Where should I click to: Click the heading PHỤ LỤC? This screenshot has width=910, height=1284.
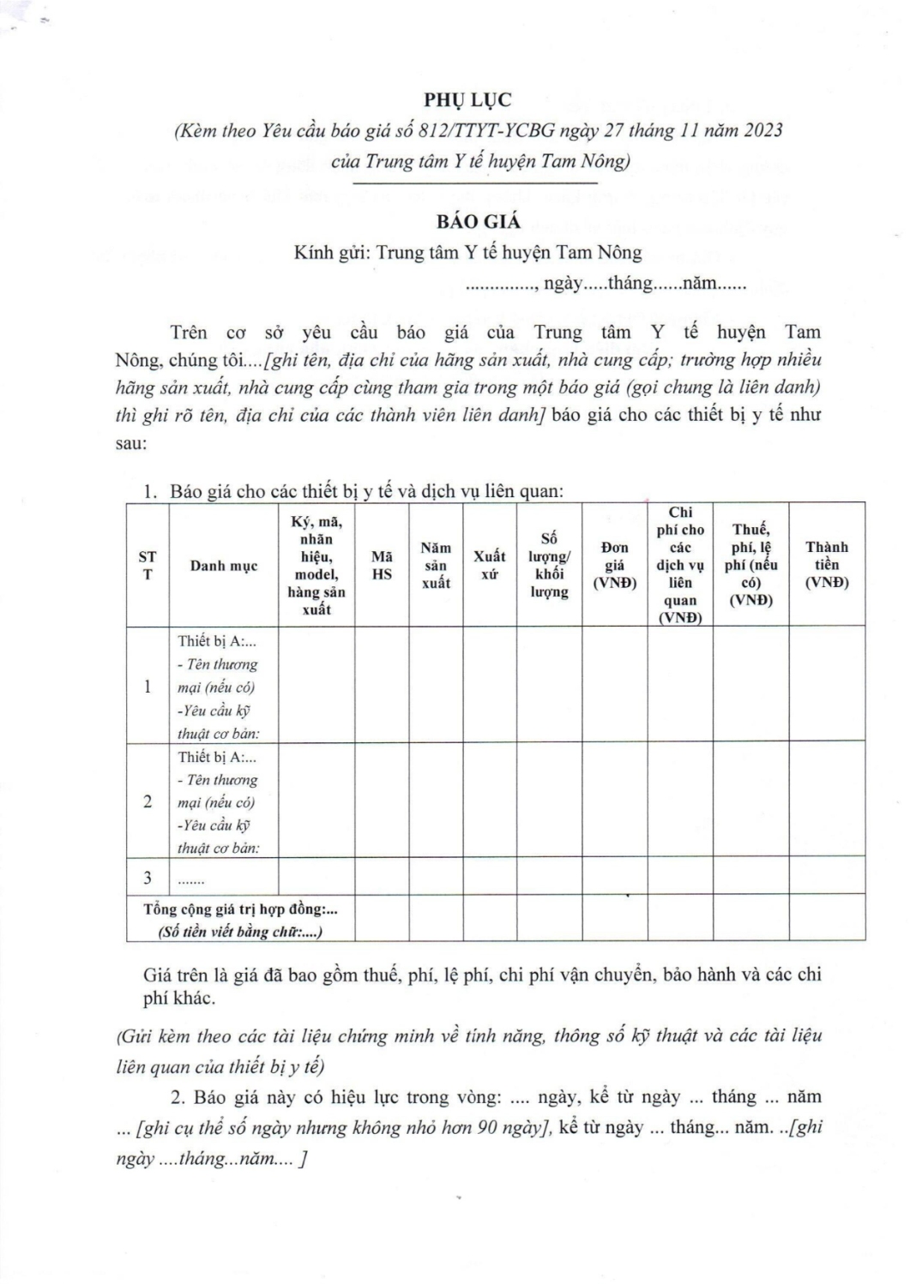click(479, 100)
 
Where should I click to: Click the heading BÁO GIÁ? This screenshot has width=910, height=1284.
click(479, 221)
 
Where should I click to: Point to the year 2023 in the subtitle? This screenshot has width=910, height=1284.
click(757, 130)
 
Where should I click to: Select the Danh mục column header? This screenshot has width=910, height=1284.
click(224, 566)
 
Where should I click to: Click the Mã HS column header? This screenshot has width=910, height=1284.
click(382, 566)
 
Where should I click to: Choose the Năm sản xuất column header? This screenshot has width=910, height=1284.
click(436, 565)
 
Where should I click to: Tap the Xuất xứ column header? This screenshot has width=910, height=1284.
click(490, 565)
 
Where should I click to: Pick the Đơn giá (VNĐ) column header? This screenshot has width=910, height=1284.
click(614, 565)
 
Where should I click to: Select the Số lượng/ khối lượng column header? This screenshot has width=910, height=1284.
click(549, 565)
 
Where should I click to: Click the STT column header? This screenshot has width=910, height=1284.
click(148, 565)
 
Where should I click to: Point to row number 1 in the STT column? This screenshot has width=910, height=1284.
click(148, 686)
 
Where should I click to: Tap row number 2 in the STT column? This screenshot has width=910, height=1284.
click(148, 801)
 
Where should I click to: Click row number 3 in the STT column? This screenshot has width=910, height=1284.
click(148, 877)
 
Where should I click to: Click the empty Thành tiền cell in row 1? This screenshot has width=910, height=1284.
click(826, 686)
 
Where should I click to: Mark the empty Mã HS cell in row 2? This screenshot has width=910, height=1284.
click(382, 801)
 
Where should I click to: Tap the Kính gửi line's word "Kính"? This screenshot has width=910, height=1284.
click(314, 253)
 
